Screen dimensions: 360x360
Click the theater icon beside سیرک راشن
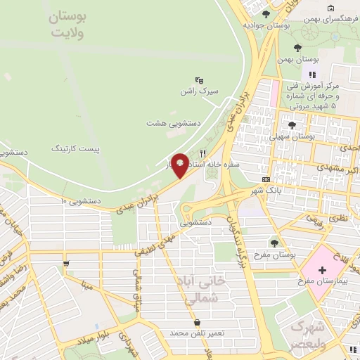click(x=199, y=80)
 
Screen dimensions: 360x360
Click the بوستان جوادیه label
click(x=267, y=25)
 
